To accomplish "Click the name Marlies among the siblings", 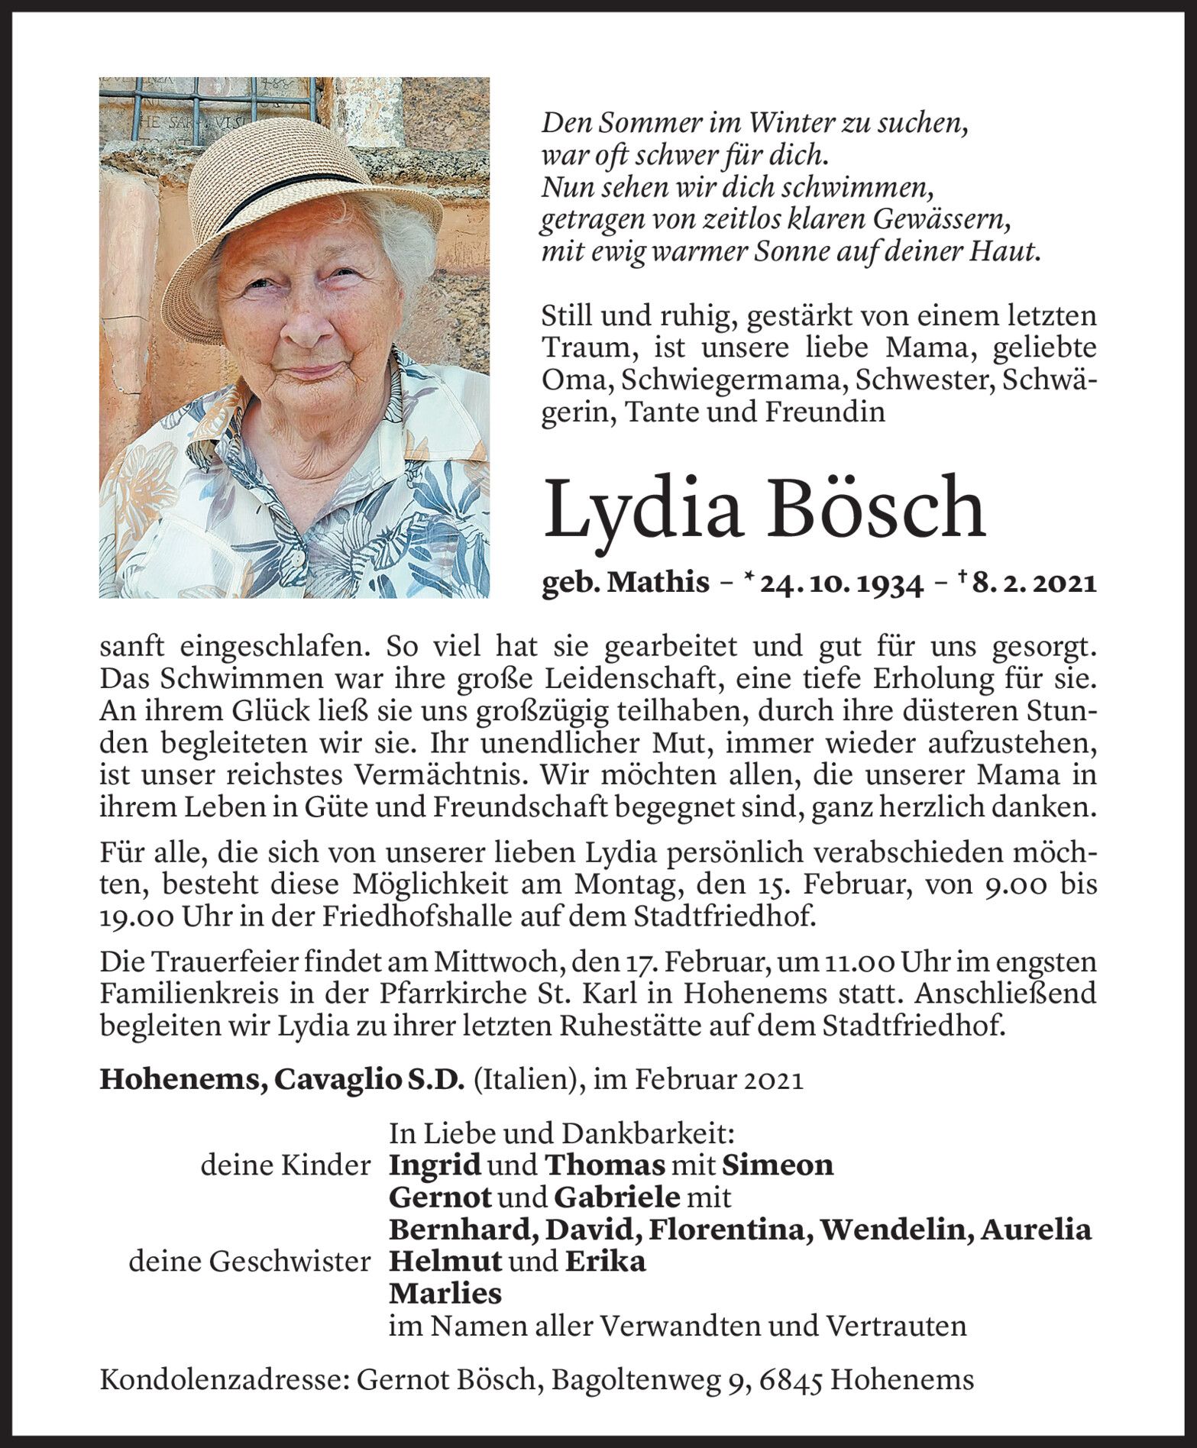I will point(445,1294).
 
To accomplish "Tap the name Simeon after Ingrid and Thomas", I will point(778,1165).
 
